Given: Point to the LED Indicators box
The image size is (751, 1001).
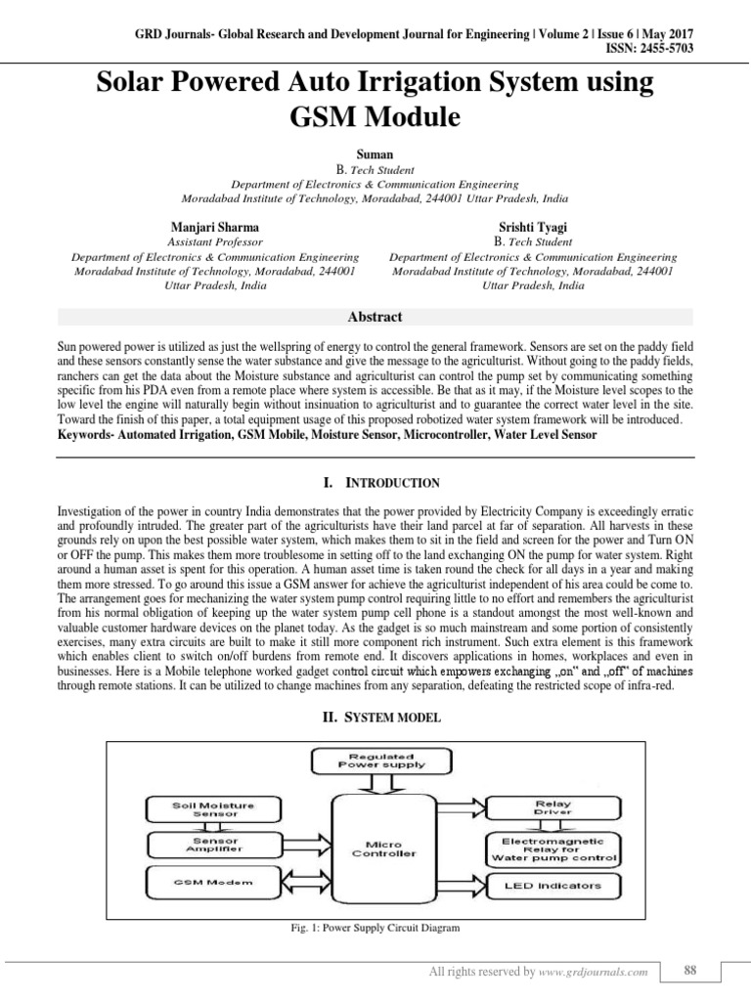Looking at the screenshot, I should point(552,888).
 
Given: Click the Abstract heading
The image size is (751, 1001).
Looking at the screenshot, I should point(375,317).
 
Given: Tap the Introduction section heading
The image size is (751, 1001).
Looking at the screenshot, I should point(375,483).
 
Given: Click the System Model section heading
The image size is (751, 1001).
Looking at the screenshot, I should point(375,718).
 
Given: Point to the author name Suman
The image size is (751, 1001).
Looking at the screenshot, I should point(375,154).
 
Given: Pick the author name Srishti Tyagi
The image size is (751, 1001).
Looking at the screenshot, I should point(534,226).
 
